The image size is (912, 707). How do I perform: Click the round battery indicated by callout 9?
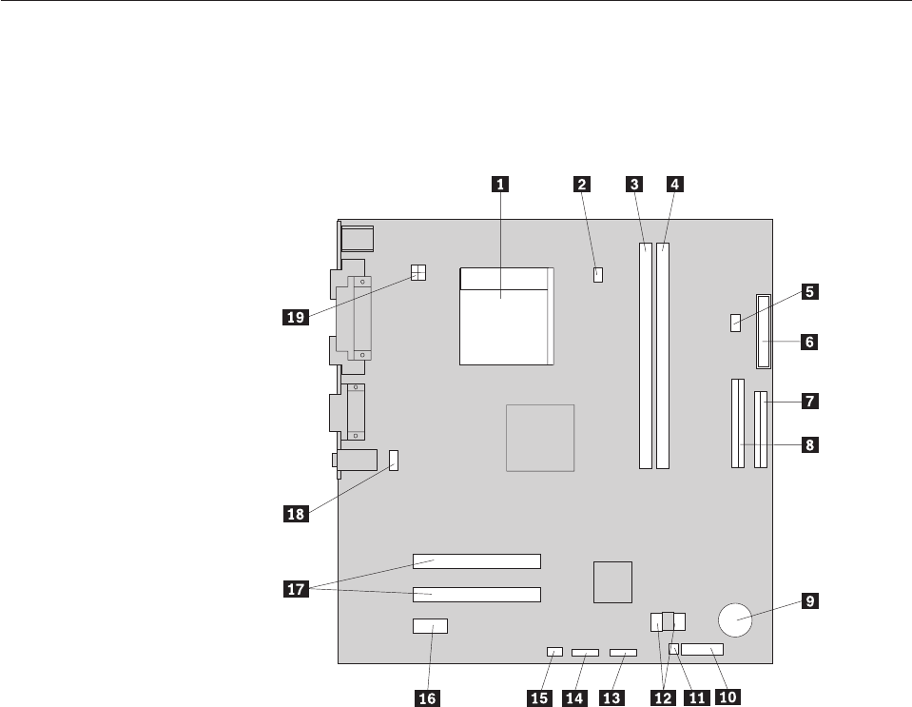(737, 619)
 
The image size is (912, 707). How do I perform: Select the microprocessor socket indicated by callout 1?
(504, 317)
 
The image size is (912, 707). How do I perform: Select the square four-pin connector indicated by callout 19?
(417, 273)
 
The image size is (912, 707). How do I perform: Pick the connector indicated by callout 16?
(431, 627)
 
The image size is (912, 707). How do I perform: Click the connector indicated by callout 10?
(703, 651)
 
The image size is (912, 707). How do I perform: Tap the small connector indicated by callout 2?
(598, 276)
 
